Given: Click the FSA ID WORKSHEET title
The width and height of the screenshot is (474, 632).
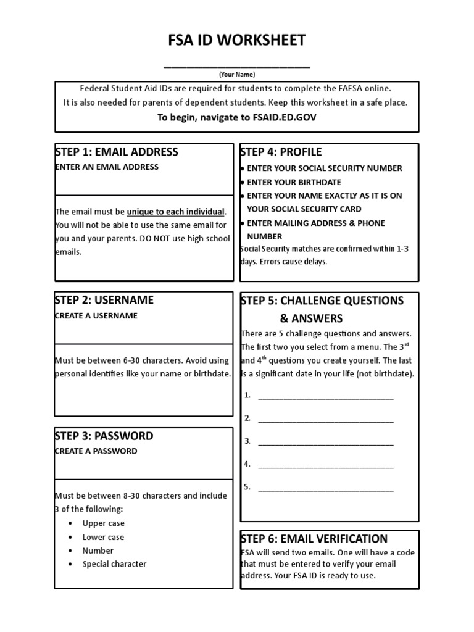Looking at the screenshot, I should point(237,41).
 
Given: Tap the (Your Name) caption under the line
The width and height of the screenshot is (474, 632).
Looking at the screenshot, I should point(237,74).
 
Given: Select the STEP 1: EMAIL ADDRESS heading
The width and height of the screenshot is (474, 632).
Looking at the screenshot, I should point(117,152).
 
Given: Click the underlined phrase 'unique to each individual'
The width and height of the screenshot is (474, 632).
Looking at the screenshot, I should point(176,212).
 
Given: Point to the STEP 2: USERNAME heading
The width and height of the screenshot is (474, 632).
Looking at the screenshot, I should point(104,300).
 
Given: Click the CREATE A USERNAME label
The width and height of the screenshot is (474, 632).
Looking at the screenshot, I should point(96,315).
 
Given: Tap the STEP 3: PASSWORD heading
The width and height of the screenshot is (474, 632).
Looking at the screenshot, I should point(104,436).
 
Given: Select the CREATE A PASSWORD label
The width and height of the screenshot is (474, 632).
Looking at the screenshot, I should point(96,451).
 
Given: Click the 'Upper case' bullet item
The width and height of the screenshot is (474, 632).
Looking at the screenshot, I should point(103,523).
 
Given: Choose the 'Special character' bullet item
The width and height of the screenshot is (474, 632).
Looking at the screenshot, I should point(114,564).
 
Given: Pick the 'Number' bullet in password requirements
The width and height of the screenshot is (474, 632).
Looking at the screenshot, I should point(98,551).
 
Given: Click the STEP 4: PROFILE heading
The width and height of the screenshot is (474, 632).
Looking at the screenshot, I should point(281,152).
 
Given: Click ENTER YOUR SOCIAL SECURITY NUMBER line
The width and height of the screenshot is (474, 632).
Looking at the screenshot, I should point(324,168).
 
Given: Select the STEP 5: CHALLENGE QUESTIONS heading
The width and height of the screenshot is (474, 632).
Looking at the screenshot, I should point(322,301).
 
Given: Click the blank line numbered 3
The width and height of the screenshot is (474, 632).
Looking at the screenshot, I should point(325,441).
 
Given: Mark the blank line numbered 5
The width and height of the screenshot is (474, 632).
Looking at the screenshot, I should point(325,488).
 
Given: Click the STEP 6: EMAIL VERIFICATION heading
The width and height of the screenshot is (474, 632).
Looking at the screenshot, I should point(314,539).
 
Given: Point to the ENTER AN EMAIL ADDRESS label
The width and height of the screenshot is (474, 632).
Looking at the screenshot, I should point(107,167).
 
